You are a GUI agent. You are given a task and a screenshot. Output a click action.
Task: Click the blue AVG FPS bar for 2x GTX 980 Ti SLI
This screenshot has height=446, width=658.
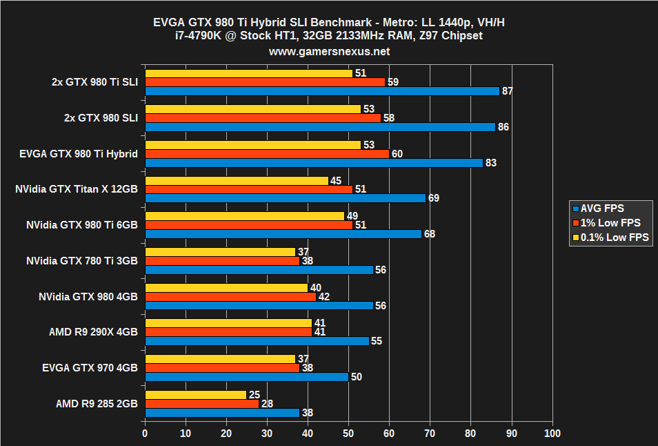coord(321,91)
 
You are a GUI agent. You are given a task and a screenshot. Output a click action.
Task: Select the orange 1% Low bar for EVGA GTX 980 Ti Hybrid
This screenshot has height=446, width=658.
coord(267,154)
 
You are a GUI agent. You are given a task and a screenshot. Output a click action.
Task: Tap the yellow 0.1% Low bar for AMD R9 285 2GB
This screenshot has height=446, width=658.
coord(195,395)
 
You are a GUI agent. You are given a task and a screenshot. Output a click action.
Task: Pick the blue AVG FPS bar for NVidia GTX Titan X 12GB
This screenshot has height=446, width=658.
coord(285,198)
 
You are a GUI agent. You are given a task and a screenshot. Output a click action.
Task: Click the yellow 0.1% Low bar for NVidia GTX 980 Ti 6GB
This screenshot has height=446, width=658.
coord(244,216)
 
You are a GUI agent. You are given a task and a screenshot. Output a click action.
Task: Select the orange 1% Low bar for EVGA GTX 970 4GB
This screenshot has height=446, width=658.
coord(222,368)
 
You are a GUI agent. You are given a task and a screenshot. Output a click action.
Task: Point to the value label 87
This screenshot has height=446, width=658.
coord(508,91)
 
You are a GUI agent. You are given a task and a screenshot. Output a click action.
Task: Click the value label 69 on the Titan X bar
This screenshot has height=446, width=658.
coord(434,198)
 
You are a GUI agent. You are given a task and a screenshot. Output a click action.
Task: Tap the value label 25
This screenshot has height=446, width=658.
coord(255,395)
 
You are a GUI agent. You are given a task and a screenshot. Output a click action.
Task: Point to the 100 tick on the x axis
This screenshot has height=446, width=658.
coord(552,434)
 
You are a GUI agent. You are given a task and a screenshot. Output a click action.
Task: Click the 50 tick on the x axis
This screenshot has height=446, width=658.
coord(348,434)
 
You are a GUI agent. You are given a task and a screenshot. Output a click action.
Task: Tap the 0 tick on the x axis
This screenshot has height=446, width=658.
coord(145,434)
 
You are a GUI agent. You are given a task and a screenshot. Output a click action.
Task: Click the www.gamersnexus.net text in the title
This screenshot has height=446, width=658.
coord(329,52)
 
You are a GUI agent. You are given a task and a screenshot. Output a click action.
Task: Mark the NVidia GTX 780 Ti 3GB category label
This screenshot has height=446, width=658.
coord(82,260)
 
